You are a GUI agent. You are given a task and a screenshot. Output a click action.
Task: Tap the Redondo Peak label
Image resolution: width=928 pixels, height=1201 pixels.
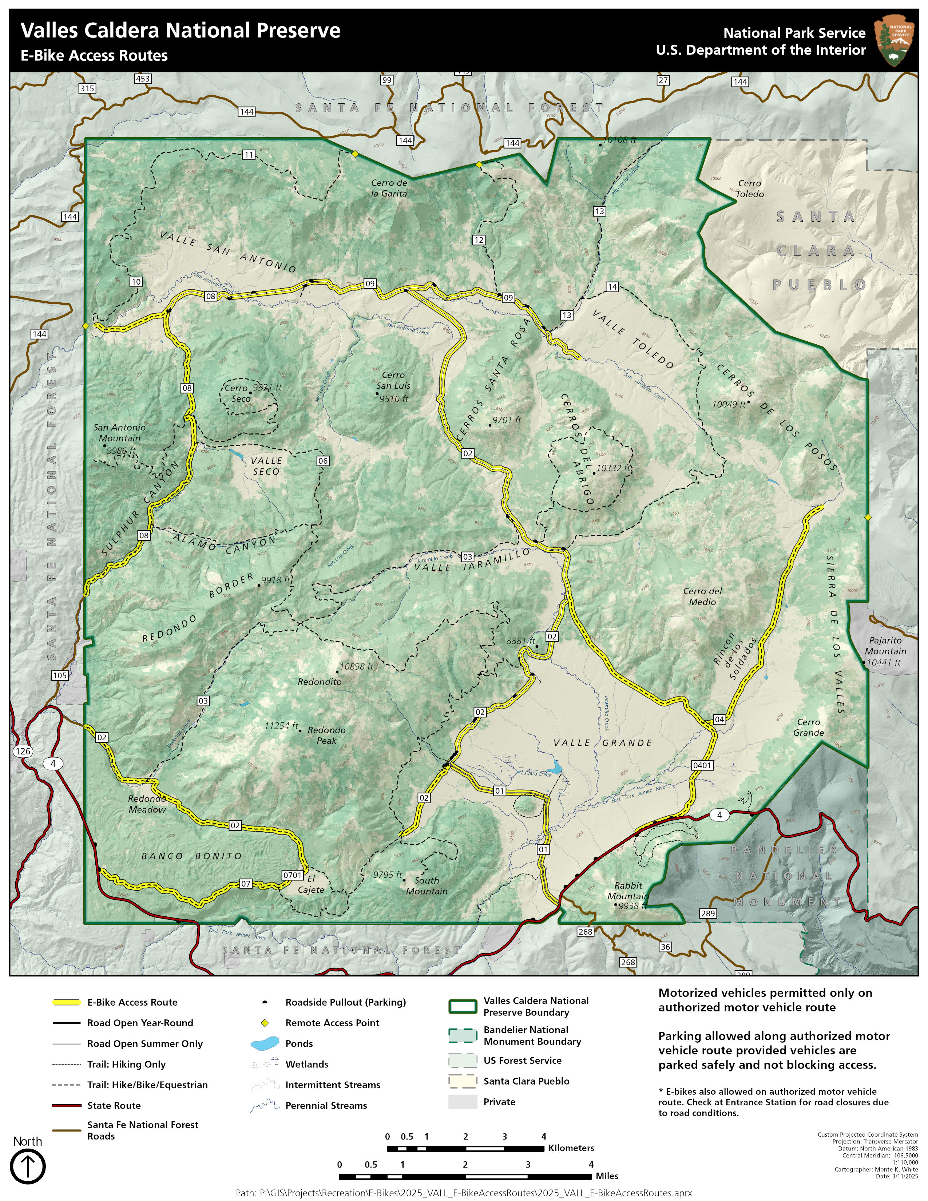pos(326,735)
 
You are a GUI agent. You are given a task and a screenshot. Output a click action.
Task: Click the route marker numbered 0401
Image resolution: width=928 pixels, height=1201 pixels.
pos(702,765)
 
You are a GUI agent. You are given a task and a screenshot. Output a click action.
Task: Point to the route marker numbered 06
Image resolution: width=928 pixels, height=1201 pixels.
pos(323,461)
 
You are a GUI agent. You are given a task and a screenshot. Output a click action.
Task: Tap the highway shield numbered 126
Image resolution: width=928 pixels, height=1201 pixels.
pos(23,751)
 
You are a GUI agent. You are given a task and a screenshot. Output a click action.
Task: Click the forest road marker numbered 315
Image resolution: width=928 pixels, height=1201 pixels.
pos(87,88)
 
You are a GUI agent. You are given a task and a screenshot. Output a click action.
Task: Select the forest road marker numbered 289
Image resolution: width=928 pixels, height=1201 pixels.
pos(707,913)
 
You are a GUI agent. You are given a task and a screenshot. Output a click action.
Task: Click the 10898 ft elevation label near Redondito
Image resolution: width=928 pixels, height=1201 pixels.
pos(356,666)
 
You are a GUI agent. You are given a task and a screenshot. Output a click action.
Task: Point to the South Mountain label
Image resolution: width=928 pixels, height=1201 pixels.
pos(427,885)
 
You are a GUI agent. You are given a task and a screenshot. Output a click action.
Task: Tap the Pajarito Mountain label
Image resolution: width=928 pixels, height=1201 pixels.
pos(885,646)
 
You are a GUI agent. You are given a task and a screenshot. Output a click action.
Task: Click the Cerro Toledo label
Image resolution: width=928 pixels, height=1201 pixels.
pos(750,189)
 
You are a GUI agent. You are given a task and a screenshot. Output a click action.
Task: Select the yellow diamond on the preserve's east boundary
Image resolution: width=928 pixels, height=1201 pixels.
pos(868,518)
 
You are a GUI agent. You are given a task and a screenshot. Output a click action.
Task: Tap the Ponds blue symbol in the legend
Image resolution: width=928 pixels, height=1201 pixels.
pos(265,1043)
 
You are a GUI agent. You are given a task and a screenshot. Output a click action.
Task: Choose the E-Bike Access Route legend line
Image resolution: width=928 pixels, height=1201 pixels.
pos(67,1002)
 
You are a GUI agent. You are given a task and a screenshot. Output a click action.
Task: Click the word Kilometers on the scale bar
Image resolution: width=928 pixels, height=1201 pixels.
pos(571,1148)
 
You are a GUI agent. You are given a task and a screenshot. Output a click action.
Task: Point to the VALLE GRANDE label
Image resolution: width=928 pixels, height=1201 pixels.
pos(603,743)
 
